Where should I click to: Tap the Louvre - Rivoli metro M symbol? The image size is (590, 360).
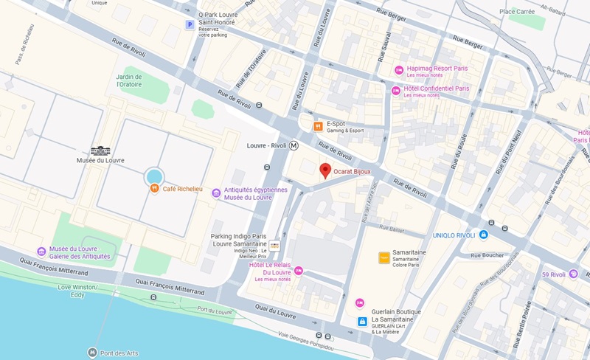point(294,145)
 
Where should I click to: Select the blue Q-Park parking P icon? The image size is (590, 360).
point(190,25)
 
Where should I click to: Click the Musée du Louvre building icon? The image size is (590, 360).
point(100,150)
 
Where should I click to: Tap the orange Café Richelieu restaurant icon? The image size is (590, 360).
point(154,188)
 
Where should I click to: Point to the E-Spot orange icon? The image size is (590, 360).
point(318,126)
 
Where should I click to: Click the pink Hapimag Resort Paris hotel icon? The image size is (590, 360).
point(398,70)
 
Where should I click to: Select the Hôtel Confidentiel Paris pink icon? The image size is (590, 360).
point(396,90)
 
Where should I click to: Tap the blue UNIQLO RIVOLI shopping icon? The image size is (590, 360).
point(484,235)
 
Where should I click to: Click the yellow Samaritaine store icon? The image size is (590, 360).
point(383,257)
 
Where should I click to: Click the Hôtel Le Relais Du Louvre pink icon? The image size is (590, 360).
point(299,271)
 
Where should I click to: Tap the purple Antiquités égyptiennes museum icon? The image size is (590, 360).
point(216,193)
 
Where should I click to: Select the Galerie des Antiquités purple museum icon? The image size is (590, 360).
point(42,252)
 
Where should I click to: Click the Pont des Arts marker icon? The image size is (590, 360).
point(92,352)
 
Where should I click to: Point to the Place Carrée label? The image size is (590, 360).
point(517,11)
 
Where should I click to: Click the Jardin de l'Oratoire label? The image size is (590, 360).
point(129,80)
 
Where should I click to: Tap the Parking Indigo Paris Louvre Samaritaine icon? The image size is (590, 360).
point(274,245)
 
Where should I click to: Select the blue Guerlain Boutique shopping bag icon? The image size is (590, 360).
point(362,322)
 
